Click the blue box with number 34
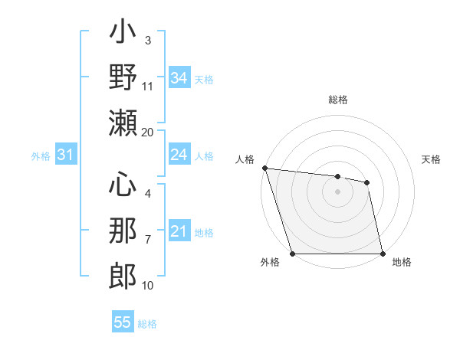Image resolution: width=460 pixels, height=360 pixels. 179,78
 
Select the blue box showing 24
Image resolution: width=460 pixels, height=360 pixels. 179,155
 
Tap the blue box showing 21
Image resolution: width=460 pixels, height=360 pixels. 179,231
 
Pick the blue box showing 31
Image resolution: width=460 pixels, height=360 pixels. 66,155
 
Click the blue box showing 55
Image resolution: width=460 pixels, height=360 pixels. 123,322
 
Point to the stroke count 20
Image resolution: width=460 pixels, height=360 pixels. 147,132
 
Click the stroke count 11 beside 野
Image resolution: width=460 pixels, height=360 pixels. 148,86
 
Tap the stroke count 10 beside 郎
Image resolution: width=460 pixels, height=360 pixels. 148,285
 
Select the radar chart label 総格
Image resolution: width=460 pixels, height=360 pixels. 338,100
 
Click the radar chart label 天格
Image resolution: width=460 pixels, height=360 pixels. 432,159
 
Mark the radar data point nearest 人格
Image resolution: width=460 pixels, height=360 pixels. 264,168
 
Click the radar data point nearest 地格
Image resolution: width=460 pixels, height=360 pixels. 382,254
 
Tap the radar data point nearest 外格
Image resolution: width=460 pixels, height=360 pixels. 293,254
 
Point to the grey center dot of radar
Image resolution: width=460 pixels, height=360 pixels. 337,191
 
